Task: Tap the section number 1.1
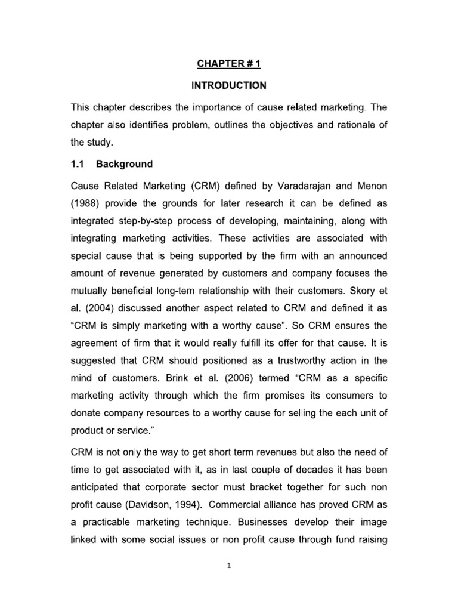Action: [79, 163]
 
